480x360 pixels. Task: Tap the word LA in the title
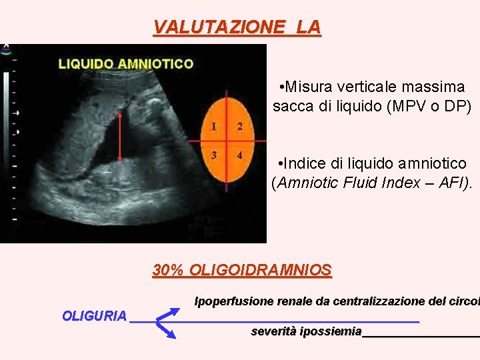click(x=309, y=27)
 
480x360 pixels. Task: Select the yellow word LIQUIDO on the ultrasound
click(x=86, y=64)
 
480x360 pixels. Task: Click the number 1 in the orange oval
click(x=214, y=126)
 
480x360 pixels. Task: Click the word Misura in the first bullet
click(x=309, y=87)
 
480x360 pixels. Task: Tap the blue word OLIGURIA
click(x=94, y=315)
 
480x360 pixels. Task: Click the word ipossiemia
click(x=331, y=331)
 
